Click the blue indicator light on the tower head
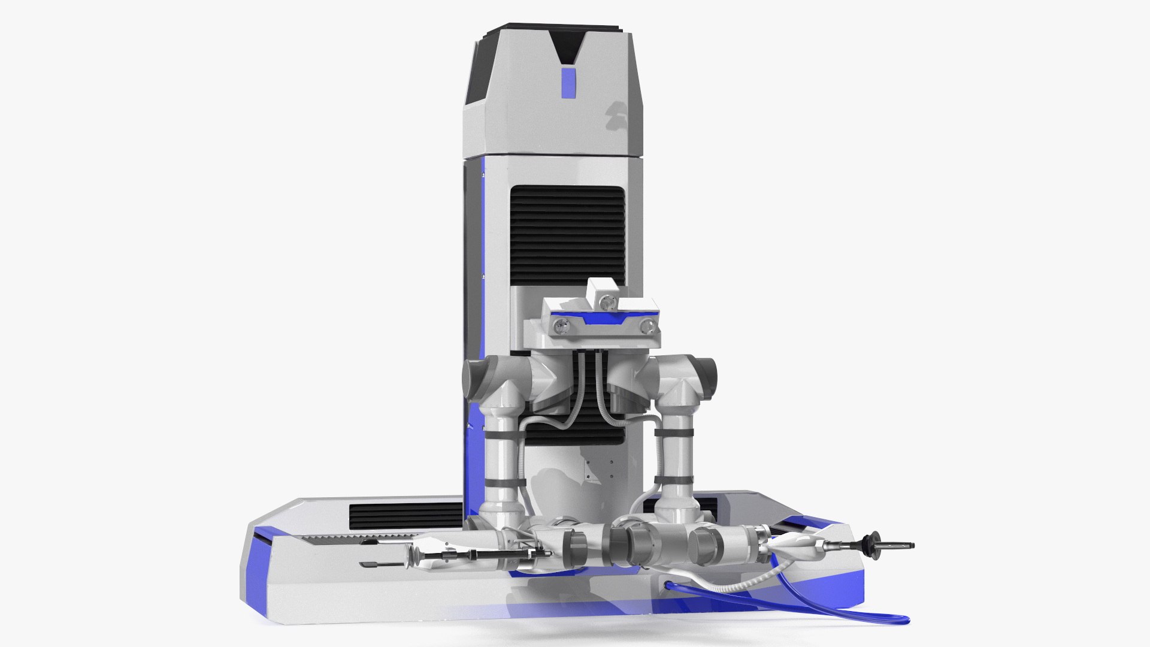(x=568, y=83)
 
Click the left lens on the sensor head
(x=560, y=326)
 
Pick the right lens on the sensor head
(x=647, y=326)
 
